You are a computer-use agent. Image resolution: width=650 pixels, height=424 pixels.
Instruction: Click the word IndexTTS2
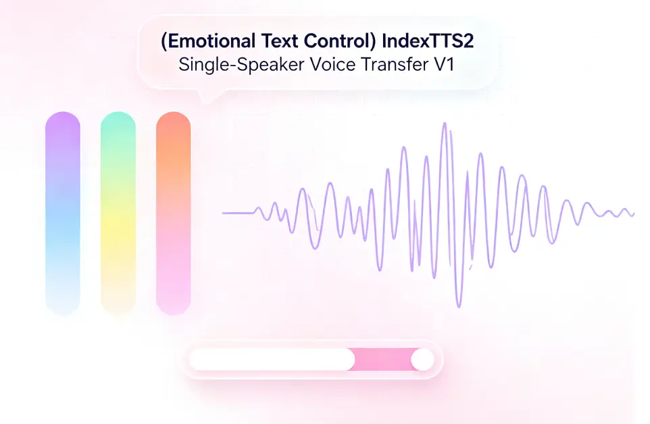(428, 41)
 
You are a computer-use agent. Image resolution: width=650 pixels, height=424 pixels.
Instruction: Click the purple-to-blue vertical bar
(63, 213)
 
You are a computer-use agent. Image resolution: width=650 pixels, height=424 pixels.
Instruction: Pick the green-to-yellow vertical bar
(118, 213)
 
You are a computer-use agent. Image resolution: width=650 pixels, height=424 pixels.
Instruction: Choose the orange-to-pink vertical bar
(173, 213)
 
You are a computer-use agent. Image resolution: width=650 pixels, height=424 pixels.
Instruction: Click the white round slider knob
(422, 359)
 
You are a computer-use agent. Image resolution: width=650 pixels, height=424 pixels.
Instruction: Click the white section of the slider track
(272, 359)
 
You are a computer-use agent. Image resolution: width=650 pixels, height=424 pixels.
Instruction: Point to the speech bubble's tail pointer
(207, 97)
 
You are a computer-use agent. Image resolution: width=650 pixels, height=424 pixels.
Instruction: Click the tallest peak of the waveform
(445, 123)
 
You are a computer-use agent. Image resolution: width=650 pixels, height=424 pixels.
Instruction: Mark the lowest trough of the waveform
(459, 307)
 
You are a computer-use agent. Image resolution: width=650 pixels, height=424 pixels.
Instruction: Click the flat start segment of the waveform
(239, 213)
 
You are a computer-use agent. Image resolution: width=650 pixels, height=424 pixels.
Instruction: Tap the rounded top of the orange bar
(173, 120)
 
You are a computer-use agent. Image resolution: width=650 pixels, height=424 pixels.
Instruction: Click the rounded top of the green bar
(118, 120)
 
